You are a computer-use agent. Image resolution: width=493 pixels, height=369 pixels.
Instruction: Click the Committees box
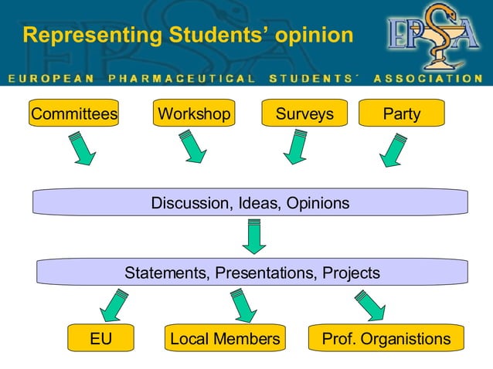[x=73, y=114]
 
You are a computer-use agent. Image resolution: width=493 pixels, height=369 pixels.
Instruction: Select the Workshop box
[x=194, y=114]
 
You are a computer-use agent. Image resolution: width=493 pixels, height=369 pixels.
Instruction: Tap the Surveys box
[x=304, y=114]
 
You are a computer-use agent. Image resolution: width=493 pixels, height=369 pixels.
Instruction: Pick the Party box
[x=402, y=114]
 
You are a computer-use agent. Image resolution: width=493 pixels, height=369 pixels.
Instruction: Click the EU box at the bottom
[x=100, y=339]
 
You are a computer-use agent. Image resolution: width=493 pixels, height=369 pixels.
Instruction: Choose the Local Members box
[x=225, y=339]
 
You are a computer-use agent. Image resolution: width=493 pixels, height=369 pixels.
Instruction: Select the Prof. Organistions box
[x=386, y=339]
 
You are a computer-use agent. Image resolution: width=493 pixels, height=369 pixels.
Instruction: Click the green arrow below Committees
[x=81, y=147]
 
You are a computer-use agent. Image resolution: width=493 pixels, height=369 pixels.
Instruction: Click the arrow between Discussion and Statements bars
[x=254, y=236]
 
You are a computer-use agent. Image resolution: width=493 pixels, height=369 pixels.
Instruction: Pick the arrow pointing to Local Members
[x=243, y=304]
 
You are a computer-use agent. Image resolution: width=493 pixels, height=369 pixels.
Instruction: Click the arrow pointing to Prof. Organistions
[x=369, y=304]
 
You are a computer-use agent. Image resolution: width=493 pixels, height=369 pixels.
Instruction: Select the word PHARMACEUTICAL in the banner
[x=182, y=78]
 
